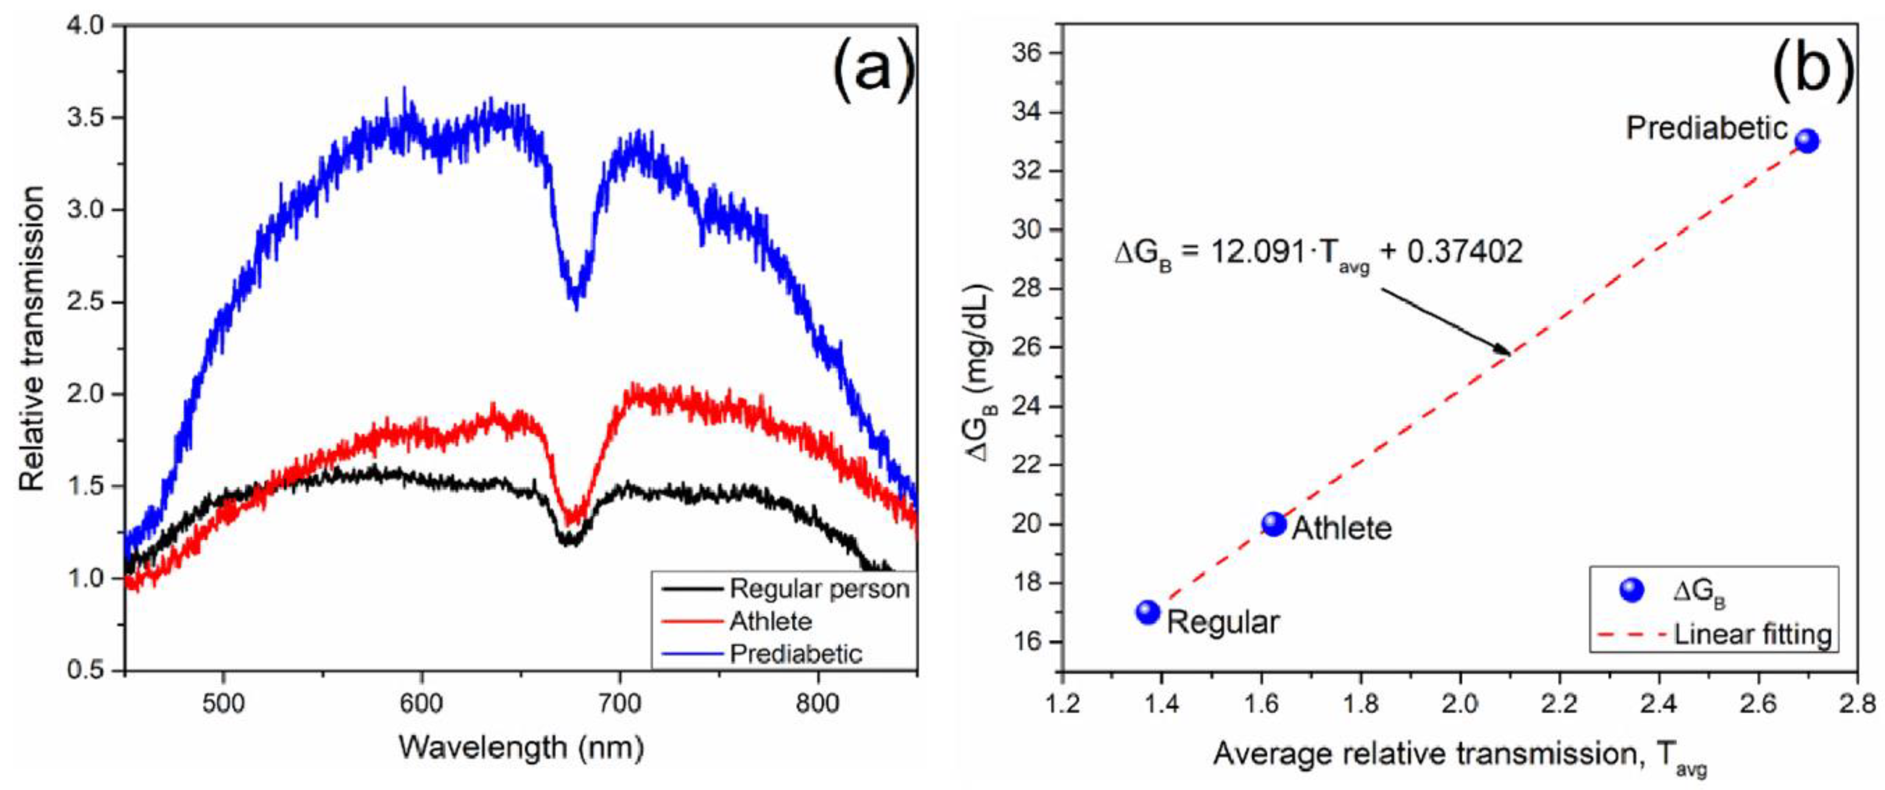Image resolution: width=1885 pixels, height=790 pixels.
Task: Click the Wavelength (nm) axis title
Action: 521,748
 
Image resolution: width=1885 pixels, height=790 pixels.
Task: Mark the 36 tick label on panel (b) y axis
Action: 1027,54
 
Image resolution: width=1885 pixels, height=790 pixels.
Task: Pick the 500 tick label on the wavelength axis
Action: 223,703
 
